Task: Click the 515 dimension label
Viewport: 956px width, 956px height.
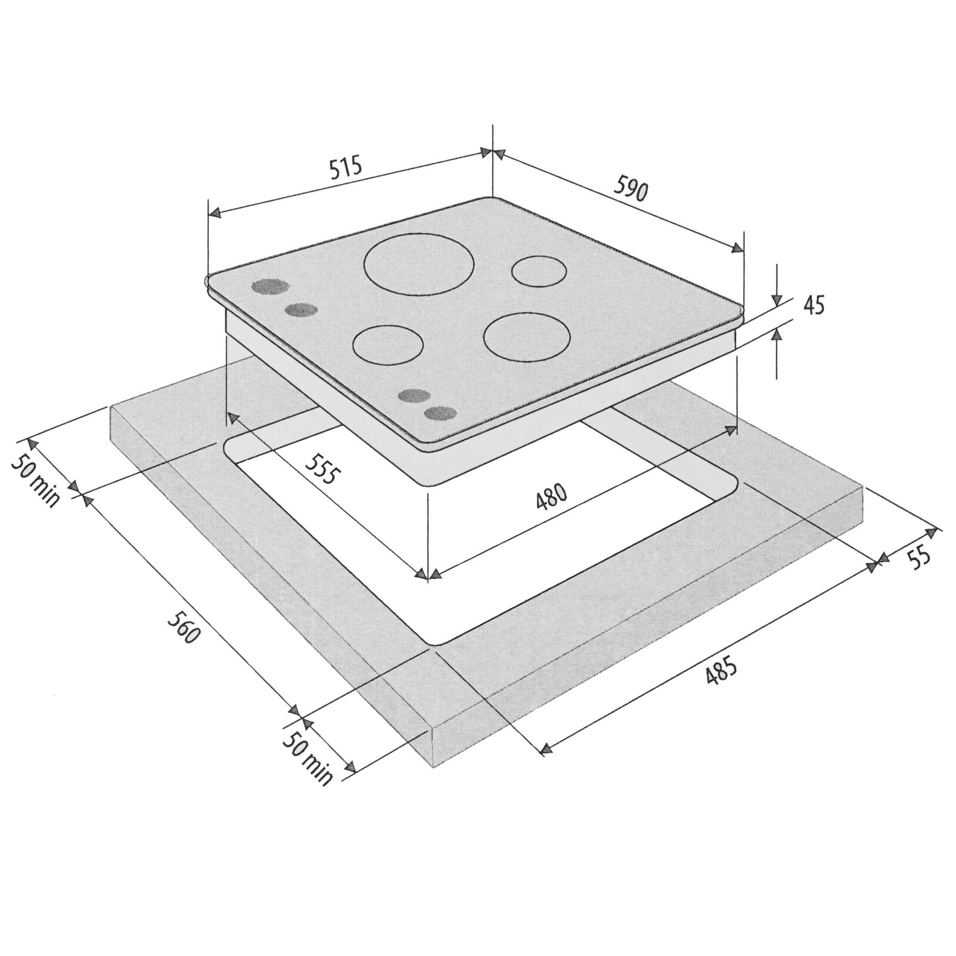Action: click(x=346, y=169)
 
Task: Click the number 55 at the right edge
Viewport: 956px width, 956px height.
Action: click(x=919, y=558)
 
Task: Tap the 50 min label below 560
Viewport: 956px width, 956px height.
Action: click(x=307, y=760)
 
